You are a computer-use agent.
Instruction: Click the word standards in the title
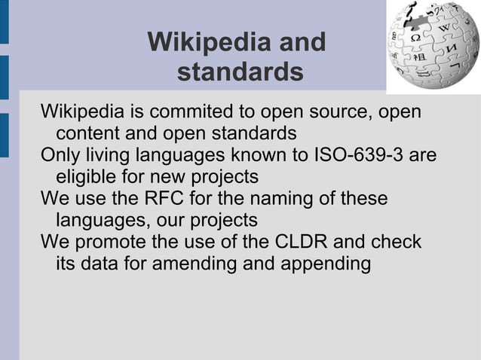240,73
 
